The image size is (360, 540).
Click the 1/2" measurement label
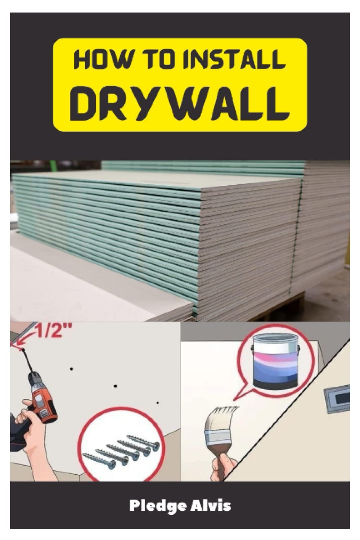[53, 331]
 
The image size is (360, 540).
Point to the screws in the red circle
[122, 448]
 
